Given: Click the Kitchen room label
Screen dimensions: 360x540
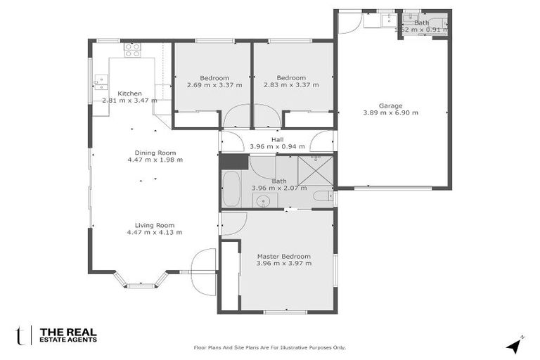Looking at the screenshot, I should click(129, 94).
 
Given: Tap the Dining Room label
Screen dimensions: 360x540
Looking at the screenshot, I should click(155, 153).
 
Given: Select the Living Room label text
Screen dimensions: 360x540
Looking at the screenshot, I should click(155, 225).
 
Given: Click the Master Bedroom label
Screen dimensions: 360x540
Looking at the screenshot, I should click(284, 256).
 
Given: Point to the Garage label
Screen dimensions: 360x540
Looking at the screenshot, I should click(390, 105).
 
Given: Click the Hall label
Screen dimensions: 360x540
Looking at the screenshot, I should click(277, 139).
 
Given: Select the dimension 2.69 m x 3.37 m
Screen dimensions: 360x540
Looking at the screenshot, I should click(214, 85).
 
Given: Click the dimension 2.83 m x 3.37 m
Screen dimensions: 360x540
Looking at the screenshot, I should click(291, 85).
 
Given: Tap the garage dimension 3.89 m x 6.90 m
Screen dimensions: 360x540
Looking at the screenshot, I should click(390, 112).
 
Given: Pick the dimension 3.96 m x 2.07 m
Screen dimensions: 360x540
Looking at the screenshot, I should click(279, 188).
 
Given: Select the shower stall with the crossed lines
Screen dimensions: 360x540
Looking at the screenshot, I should click(316, 170).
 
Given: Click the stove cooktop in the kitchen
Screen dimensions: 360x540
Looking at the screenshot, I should click(132, 49).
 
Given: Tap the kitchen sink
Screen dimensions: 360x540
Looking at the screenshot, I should click(101, 82).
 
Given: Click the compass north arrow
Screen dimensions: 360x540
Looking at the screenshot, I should click(514, 345).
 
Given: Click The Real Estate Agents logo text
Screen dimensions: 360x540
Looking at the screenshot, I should click(68, 335).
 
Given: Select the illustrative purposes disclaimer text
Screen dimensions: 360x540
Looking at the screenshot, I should click(269, 347).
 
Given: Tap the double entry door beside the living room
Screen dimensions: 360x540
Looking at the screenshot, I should click(204, 272).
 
